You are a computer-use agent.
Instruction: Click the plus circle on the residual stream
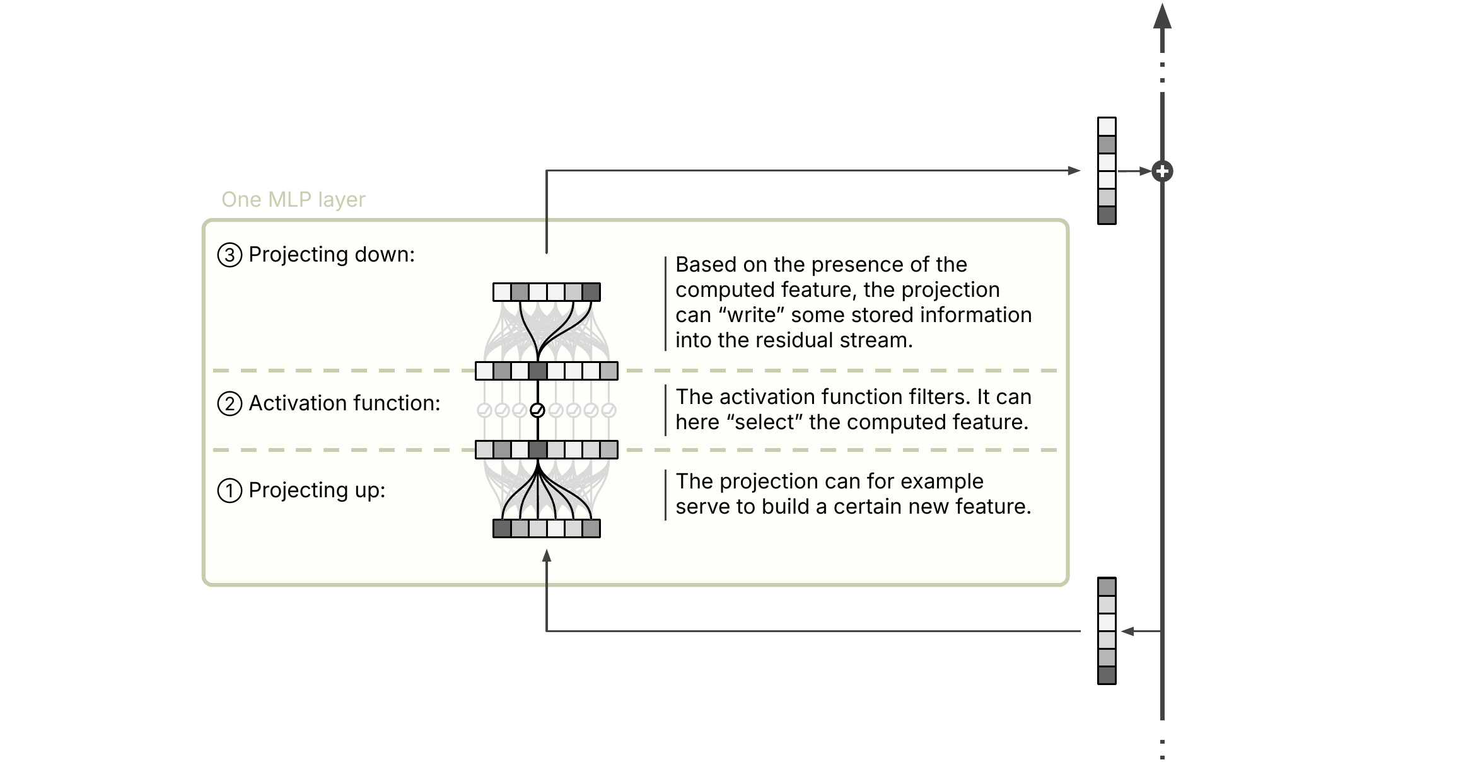coord(1162,171)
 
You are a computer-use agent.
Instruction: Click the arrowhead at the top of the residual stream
coord(1162,16)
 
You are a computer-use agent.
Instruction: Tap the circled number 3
coord(230,255)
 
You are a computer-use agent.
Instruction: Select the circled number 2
coord(230,403)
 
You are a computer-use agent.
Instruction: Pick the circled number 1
coord(230,490)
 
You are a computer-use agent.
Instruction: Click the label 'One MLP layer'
coord(293,199)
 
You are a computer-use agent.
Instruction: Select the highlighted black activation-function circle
coord(537,410)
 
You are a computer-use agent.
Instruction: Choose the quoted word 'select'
coord(769,422)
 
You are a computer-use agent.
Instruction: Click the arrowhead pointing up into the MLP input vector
coord(547,555)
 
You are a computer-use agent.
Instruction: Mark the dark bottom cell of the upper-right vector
coord(1107,215)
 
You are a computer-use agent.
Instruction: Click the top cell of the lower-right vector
coord(1107,587)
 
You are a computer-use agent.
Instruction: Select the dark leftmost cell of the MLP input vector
coord(502,528)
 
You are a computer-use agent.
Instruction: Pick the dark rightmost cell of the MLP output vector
coord(591,292)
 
